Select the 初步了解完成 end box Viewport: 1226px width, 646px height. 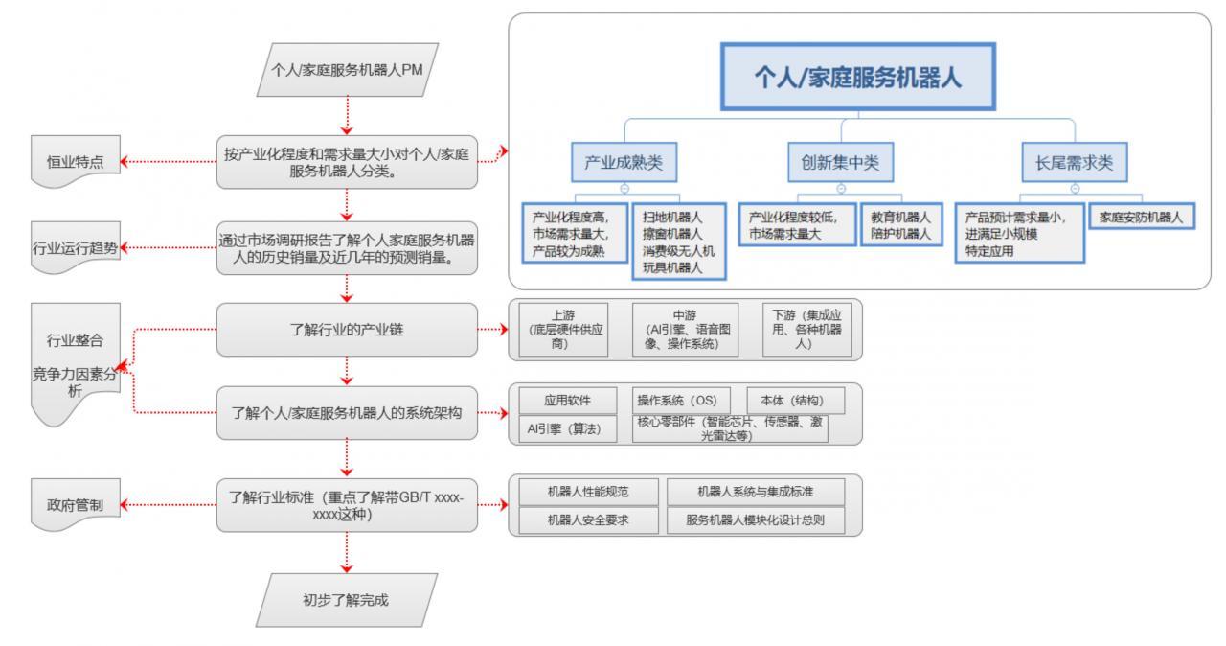tap(346, 602)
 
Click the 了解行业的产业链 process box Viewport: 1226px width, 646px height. tap(346, 331)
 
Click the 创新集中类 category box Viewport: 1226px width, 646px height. tap(841, 164)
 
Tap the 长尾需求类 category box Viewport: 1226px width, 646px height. tap(1075, 164)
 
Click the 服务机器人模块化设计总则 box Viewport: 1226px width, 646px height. tap(756, 519)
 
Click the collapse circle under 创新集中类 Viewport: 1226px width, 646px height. tap(841, 188)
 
